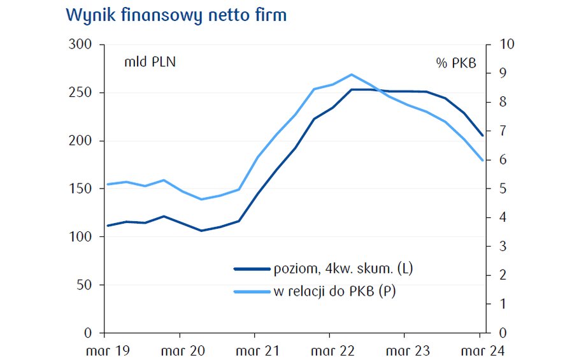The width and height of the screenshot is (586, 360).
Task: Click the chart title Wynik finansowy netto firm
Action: [x=176, y=15]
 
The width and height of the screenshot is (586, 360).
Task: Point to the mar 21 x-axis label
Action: [x=254, y=350]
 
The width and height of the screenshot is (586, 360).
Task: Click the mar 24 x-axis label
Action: [x=480, y=350]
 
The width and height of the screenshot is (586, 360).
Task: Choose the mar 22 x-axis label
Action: [x=329, y=350]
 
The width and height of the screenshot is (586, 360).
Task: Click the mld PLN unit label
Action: [x=150, y=62]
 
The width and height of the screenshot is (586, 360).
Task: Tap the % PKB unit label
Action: [x=456, y=62]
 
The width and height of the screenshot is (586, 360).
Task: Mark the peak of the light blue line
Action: [x=352, y=75]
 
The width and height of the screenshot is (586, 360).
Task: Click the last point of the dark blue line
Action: [x=483, y=135]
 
